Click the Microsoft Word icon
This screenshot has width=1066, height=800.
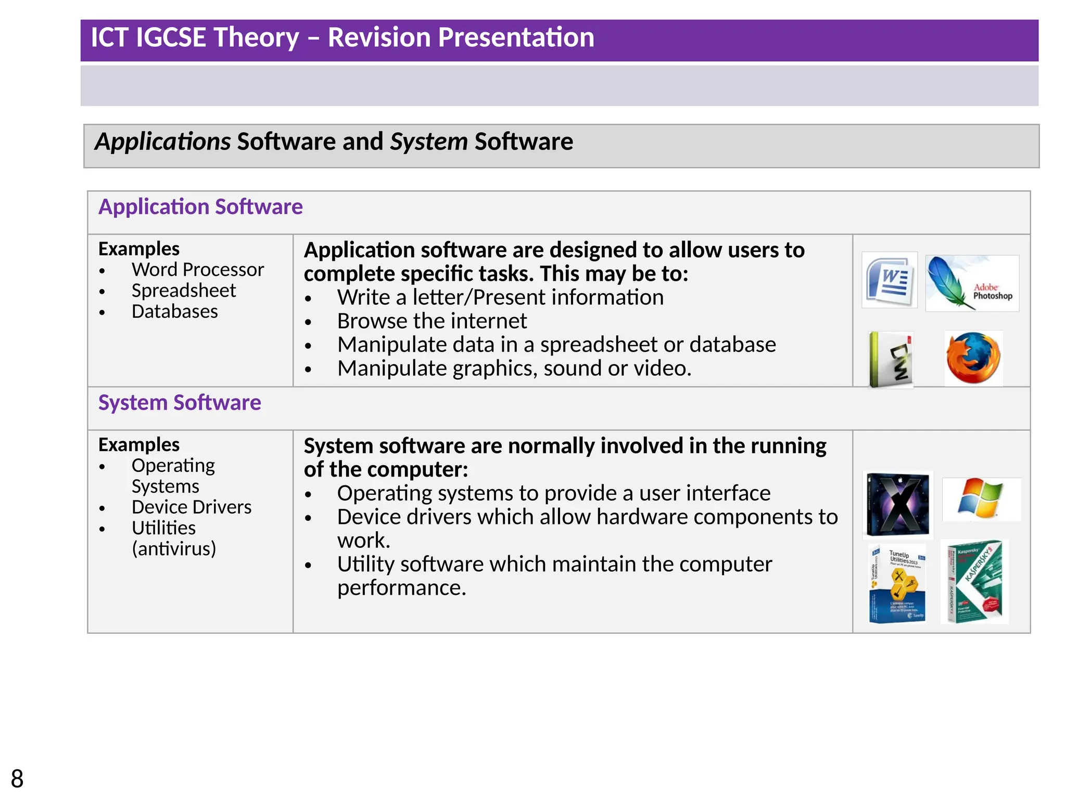(889, 280)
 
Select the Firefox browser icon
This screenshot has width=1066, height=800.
(973, 358)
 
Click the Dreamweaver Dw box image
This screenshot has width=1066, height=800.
(891, 359)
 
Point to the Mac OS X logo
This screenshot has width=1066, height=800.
(898, 504)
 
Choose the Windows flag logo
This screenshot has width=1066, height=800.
(981, 499)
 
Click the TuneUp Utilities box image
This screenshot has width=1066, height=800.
(897, 583)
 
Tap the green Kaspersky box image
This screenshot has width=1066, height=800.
(974, 582)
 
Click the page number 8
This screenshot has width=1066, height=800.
(17, 779)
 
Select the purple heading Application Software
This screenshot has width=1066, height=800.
(200, 207)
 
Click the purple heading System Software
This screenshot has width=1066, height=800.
(180, 403)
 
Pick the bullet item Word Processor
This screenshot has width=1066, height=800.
(197, 270)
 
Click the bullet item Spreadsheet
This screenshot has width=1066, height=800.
(183, 291)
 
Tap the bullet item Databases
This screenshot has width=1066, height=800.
(174, 311)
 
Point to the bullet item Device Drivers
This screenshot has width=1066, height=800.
(191, 507)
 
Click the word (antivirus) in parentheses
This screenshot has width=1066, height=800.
(173, 548)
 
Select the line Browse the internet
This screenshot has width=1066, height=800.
(432, 321)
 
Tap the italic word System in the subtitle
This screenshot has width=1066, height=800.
(428, 142)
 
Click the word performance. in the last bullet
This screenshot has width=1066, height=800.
(401, 588)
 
